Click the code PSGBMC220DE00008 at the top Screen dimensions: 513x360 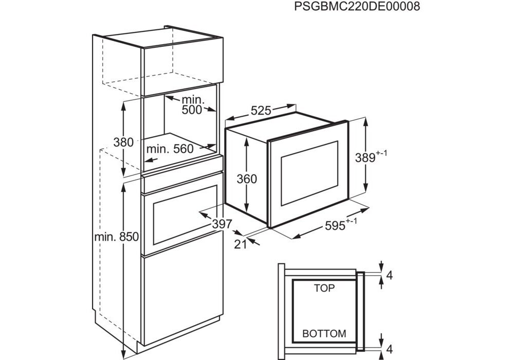point(357,7)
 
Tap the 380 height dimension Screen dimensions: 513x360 point(124,142)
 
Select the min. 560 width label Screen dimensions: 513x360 point(170,149)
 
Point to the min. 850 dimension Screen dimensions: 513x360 point(117,237)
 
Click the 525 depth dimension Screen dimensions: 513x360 point(261,111)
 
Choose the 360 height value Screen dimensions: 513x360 point(247,179)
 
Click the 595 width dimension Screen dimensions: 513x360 point(341,225)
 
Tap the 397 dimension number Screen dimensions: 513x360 point(222,224)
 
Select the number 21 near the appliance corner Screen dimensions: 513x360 point(241,244)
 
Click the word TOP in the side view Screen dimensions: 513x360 point(324,288)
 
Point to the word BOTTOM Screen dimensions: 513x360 point(324,333)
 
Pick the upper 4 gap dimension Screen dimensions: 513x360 point(389,276)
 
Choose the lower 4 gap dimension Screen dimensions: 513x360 point(389,349)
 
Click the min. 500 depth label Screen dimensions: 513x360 point(192,105)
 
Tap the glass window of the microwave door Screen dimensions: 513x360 point(309,173)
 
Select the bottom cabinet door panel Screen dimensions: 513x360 point(182,298)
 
